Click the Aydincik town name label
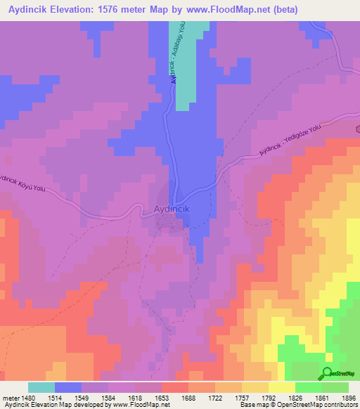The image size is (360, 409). [172, 209]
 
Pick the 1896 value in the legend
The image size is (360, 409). [349, 398]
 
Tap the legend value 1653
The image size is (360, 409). [162, 398]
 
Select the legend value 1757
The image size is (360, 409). [243, 398]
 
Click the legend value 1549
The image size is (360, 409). [82, 398]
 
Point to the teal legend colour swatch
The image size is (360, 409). [41, 387]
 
